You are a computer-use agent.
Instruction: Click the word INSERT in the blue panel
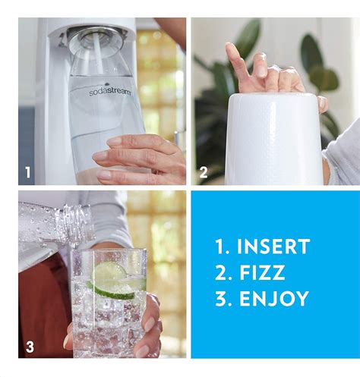(273, 247)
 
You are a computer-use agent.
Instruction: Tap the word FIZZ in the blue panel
(262, 272)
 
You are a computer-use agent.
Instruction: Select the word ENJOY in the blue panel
(274, 299)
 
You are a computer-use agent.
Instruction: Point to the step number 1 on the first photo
(28, 173)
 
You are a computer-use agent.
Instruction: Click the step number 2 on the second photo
(203, 173)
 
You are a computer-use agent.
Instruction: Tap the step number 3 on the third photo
(29, 347)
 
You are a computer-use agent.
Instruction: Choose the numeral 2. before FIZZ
(223, 272)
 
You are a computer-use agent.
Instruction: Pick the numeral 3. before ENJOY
(223, 299)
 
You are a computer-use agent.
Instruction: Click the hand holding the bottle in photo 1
(141, 156)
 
